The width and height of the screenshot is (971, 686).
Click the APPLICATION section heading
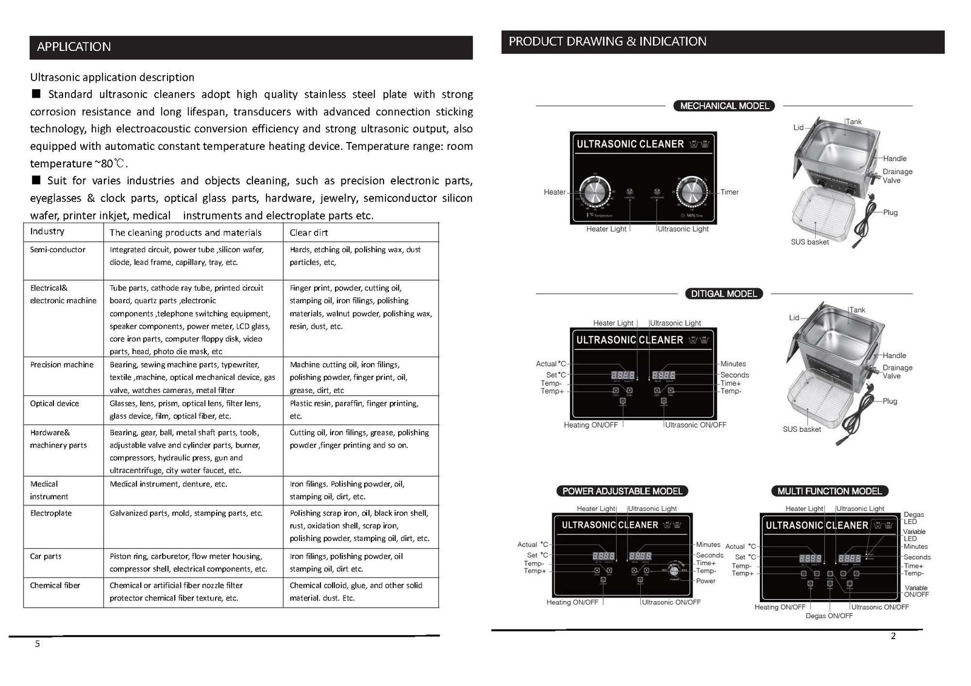[x=74, y=47]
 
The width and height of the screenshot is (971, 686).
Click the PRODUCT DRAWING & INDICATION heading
[x=607, y=41]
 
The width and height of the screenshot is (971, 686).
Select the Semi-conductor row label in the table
[x=58, y=249]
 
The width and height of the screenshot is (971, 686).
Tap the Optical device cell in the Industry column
[x=55, y=403]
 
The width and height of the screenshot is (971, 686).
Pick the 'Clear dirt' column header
[x=309, y=232]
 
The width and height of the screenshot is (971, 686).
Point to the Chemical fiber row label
[x=55, y=585]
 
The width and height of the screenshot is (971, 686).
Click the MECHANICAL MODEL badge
[x=724, y=106]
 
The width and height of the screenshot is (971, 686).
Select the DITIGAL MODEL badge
[x=724, y=294]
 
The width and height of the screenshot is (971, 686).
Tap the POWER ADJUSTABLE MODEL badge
[x=622, y=491]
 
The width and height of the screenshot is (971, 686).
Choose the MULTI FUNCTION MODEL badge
[x=830, y=491]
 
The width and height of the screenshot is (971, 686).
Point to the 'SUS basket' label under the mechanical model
[x=810, y=242]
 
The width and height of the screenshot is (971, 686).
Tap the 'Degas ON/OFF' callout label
[x=829, y=616]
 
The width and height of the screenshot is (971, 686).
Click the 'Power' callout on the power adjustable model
[x=706, y=580]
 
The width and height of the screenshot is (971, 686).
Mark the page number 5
[x=38, y=644]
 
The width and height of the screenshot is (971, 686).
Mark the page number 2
[x=893, y=636]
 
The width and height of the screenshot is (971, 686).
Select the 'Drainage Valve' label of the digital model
[x=898, y=372]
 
